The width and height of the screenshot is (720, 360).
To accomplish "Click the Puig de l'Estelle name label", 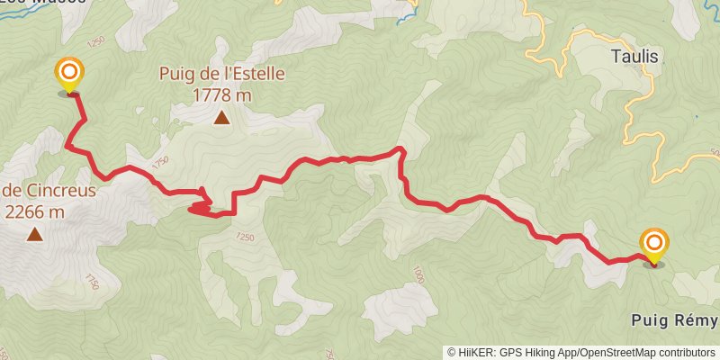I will pos(221,74).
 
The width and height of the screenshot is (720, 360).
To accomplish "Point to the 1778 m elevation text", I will pos(220,94).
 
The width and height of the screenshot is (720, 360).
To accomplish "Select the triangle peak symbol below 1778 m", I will pos(220,117).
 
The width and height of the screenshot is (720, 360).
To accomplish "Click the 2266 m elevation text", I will pos(34,212).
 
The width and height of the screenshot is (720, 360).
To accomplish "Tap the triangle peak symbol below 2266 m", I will pos(34,235).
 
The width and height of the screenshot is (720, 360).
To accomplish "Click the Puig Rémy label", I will pos(675,321).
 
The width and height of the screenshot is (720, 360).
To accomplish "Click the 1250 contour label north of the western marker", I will pos(97,42).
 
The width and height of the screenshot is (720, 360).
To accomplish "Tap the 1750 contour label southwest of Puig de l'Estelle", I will pos(160,163).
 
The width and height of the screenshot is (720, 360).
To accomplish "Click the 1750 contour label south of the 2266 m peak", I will pos(89,282).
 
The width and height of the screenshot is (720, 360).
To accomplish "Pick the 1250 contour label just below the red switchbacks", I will pos(245,237).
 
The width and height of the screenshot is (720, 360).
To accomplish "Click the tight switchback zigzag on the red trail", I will pos(202,205).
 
